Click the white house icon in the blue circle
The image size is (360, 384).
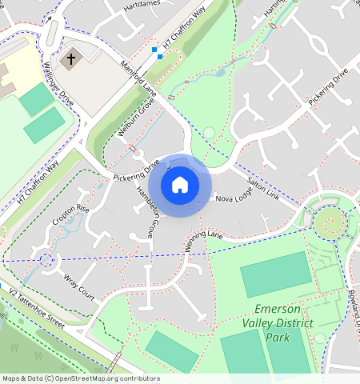point(180,185)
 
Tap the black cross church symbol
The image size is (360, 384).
point(70,59)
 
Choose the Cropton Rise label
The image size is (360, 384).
point(70,214)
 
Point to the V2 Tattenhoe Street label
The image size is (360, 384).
point(35,309)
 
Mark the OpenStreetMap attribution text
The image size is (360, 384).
point(80,378)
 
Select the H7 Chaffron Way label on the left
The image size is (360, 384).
point(38,182)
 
